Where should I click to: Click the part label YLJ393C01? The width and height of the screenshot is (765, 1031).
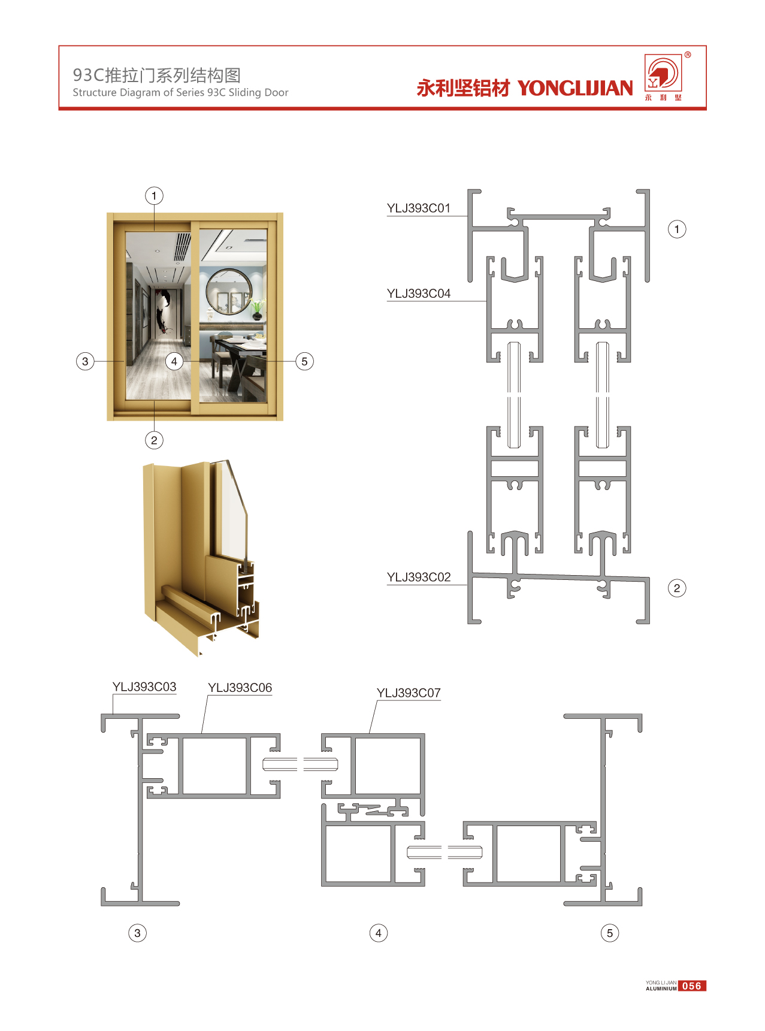point(418,208)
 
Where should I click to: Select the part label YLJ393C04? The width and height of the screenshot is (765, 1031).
point(418,294)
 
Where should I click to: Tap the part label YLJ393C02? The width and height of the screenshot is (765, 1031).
point(418,577)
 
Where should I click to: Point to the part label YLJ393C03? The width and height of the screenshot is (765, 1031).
point(144,687)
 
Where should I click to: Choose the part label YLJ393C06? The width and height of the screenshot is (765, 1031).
point(240,688)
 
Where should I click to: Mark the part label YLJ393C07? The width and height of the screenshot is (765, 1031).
point(409,693)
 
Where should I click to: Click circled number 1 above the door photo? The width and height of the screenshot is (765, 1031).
point(154,196)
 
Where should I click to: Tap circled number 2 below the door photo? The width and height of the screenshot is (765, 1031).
point(154,440)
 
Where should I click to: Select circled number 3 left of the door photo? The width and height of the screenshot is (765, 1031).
point(85,361)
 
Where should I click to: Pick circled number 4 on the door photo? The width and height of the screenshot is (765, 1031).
point(174,361)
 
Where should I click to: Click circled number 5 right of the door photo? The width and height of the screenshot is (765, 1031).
point(304,361)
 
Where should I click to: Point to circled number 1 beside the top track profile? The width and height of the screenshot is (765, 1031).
point(677,229)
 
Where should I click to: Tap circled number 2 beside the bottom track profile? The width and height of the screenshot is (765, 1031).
point(677,588)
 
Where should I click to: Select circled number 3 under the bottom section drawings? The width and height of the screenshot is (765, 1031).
point(137,933)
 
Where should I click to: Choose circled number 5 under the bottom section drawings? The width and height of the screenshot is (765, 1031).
point(610,933)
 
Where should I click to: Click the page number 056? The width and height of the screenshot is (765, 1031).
point(692,986)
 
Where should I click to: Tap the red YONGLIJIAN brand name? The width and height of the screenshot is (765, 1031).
point(575,88)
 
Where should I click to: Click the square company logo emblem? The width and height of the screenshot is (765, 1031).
point(663,73)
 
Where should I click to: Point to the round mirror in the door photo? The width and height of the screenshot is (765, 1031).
point(229,292)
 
